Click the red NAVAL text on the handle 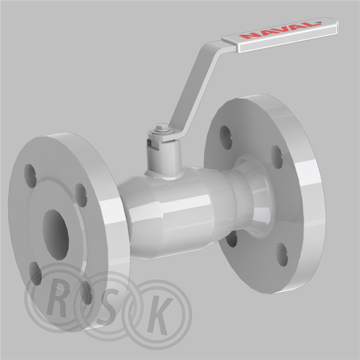tap(280, 30)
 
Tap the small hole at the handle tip tap(318, 23)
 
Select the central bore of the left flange tap(56, 235)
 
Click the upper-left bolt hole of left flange tap(30, 176)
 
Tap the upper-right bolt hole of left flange tap(81, 195)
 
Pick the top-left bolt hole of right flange tap(226, 138)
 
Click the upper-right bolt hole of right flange tap(277, 157)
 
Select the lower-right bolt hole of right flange tap(282, 255)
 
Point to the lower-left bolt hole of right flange tap(231, 239)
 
